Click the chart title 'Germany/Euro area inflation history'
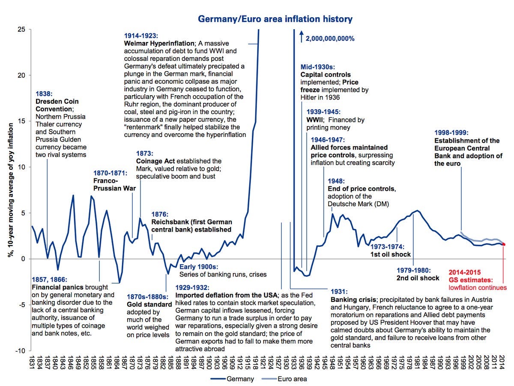[x=275, y=19]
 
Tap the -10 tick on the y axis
[x=20, y=351]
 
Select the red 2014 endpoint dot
[x=504, y=244]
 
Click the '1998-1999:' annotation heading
[x=452, y=133]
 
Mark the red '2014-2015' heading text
[x=465, y=272]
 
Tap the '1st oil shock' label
[x=390, y=254]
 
